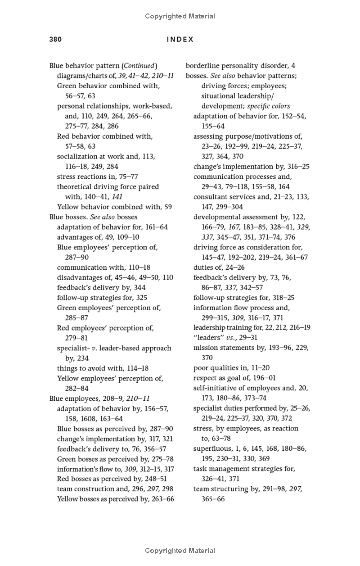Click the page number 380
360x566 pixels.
coord(55,39)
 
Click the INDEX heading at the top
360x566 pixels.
coord(180,39)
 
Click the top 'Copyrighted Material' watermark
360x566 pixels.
coord(180,16)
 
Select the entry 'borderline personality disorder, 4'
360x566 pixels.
coord(240,66)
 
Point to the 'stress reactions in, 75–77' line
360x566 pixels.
coord(97,177)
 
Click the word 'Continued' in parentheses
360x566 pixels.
coord(139,66)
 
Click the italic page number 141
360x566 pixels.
coord(117,197)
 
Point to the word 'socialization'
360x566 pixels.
coord(76,156)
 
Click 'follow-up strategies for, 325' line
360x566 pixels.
coord(102,298)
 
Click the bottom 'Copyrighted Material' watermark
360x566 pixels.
coord(180,550)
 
